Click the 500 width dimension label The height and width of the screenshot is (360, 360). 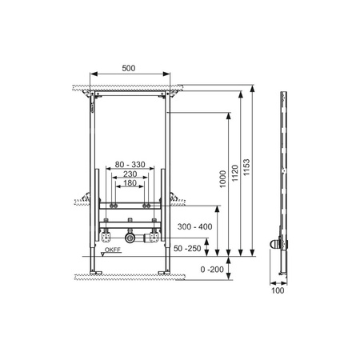click(129, 68)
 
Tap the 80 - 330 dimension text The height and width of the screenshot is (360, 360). click(130, 165)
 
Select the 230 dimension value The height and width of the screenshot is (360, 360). click(130, 174)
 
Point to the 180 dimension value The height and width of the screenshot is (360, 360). click(130, 183)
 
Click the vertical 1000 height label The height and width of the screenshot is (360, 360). click(222, 179)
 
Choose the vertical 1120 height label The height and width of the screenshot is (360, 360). click(234, 174)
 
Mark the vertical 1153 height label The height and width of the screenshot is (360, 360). click(246, 167)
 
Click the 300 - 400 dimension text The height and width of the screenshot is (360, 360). click(195, 226)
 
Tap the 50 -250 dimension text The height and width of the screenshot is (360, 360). click(187, 249)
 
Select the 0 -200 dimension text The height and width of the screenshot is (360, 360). click(212, 270)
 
